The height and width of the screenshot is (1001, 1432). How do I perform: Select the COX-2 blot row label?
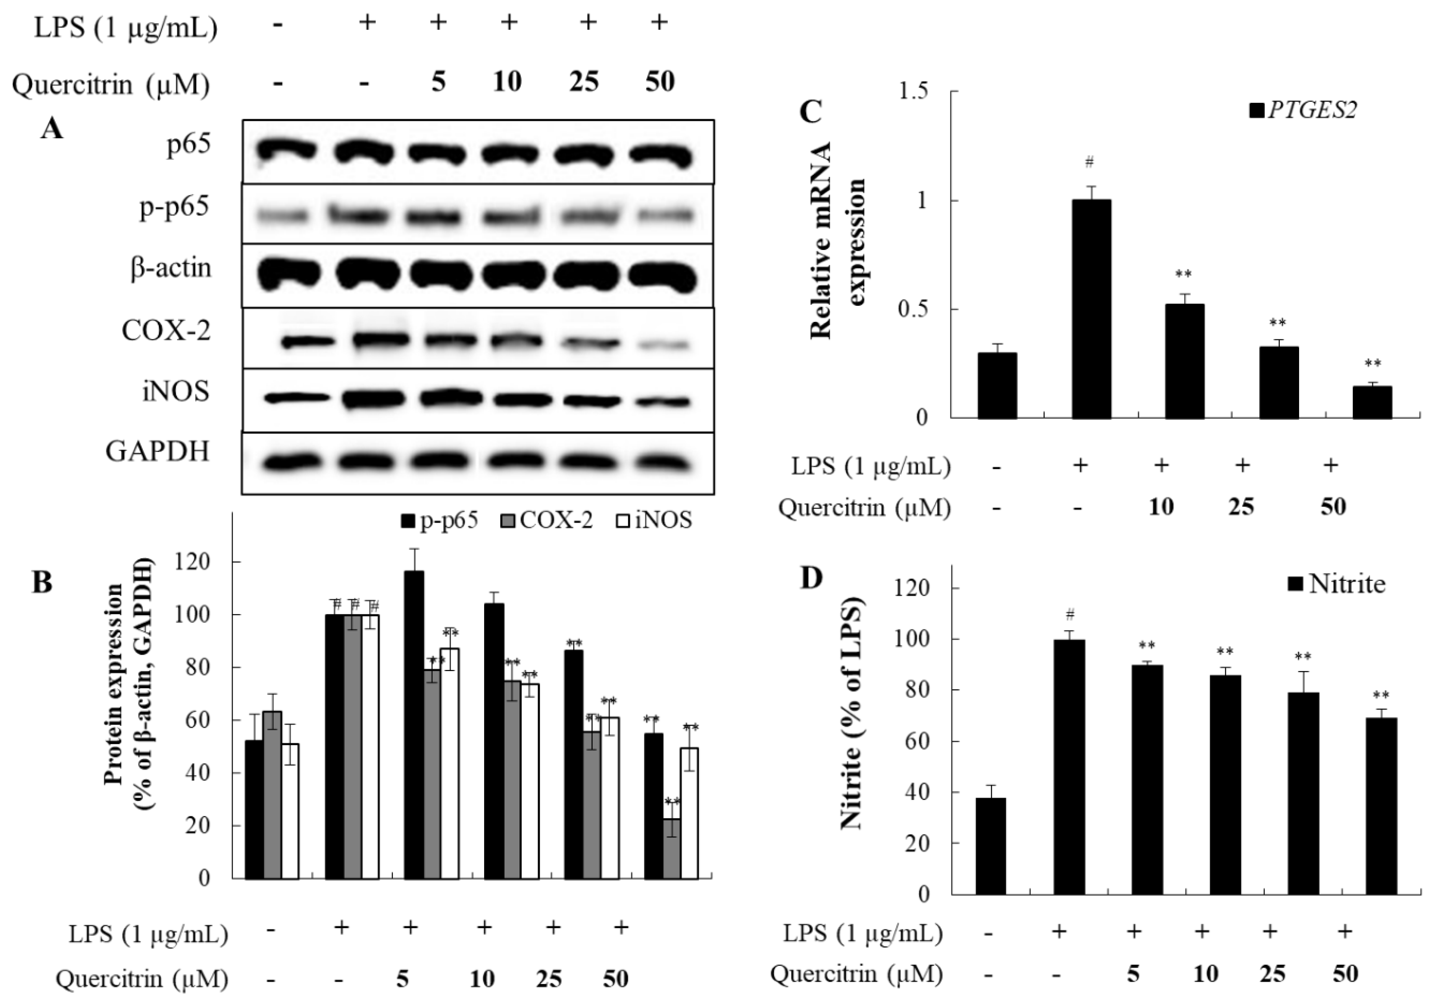pos(166,331)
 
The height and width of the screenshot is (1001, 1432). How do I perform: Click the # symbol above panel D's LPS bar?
pos(1070,615)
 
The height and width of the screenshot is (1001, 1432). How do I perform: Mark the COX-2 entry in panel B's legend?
pos(547,520)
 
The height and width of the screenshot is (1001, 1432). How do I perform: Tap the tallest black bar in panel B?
pos(414,724)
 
